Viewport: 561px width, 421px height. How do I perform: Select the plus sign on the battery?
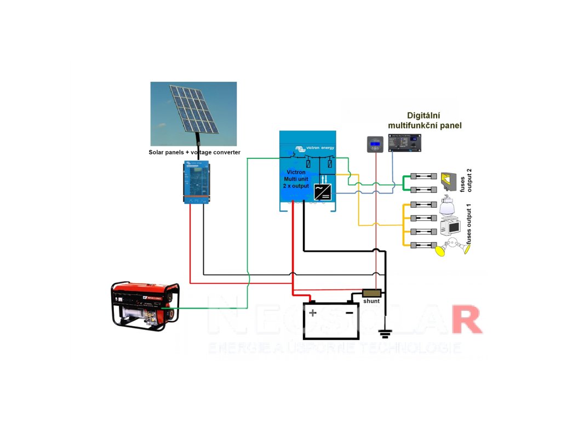pos(312,313)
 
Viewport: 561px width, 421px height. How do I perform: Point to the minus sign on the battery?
pos(349,313)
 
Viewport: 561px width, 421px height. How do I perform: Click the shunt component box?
pos(371,293)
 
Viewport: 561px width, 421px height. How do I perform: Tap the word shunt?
pos(371,301)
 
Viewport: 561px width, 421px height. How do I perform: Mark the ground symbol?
pos(386,331)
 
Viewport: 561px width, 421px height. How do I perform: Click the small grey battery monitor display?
pos(375,145)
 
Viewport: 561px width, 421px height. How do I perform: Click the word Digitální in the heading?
pos(423,116)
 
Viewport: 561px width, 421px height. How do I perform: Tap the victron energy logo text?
pos(320,149)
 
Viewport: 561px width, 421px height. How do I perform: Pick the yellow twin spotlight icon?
pos(453,248)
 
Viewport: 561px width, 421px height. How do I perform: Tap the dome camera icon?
pos(450,206)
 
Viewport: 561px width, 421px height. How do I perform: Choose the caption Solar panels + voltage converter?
pos(194,152)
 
